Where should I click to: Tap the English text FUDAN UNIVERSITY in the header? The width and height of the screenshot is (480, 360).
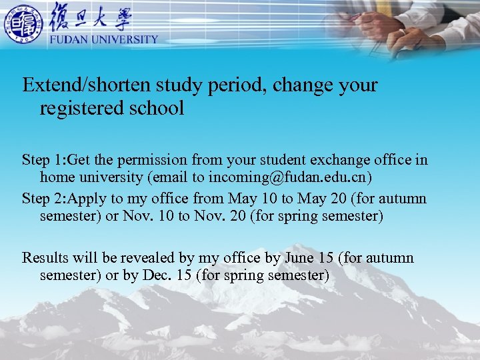[x=104, y=39]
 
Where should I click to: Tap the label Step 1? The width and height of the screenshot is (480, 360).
[x=44, y=160]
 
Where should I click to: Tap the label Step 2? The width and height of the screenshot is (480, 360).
[x=44, y=199]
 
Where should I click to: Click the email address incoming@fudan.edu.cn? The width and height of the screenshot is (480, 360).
[x=289, y=177]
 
